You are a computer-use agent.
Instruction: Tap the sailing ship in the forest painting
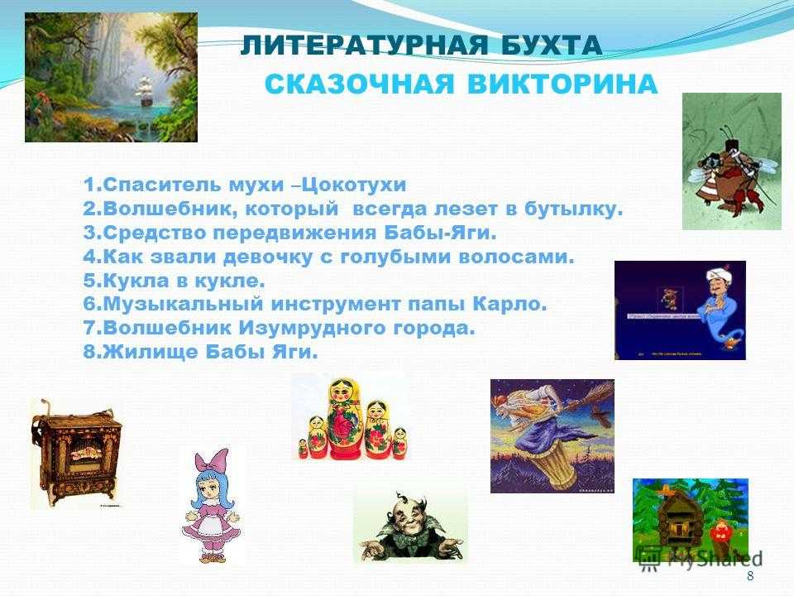(x=145, y=92)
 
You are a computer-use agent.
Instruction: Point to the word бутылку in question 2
(x=573, y=209)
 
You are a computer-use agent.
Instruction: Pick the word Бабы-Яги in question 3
(x=438, y=233)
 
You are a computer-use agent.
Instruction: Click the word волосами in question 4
(x=516, y=257)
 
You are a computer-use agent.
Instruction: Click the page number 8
(x=750, y=576)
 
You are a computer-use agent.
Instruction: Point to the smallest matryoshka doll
(x=303, y=449)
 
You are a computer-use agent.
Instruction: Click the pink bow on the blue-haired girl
(x=213, y=464)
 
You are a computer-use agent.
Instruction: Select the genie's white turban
(x=718, y=276)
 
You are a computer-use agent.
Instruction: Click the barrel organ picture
(x=76, y=454)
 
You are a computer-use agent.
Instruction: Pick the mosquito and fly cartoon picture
(x=732, y=161)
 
